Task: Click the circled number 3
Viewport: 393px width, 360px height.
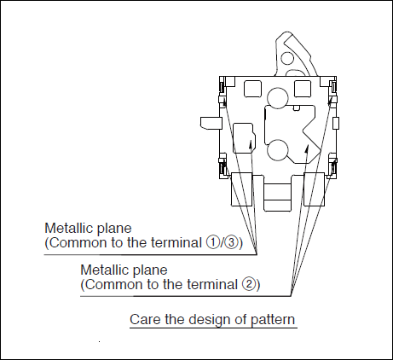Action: coord(232,242)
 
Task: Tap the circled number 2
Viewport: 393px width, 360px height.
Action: coord(248,284)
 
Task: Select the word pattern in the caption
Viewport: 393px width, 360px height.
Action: coord(273,320)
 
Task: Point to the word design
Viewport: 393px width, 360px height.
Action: coord(210,320)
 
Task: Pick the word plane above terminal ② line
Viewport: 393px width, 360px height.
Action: coord(150,270)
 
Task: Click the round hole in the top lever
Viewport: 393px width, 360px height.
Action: coord(287,58)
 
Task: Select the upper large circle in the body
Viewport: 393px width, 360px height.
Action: coord(278,98)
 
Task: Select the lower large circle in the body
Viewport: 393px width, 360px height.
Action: coord(278,150)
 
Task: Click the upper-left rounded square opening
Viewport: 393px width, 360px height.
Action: coord(252,89)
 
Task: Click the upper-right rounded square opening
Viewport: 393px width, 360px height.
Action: coord(303,89)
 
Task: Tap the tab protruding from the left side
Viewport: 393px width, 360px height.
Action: coord(211,123)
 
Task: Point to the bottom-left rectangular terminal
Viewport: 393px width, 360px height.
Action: coord(242,189)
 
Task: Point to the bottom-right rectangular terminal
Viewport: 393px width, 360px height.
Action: coord(314,189)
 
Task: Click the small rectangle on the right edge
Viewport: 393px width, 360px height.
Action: coord(336,123)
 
